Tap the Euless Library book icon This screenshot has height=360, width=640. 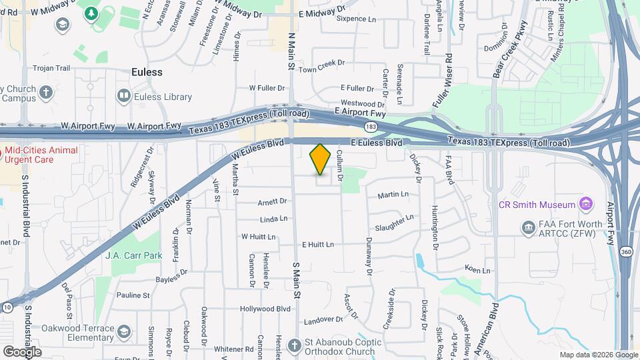pyautogui.click(x=123, y=97)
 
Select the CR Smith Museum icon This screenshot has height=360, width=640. pyautogui.click(x=586, y=203)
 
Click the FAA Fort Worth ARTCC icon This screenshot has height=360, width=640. pyautogui.click(x=528, y=229)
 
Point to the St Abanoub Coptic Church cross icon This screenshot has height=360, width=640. pyautogui.click(x=295, y=345)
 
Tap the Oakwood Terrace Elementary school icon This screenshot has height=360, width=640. pyautogui.click(x=123, y=331)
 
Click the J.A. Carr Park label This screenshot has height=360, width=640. pyautogui.click(x=134, y=255)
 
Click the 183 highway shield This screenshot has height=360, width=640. pyautogui.click(x=371, y=125)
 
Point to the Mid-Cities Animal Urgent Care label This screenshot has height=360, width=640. pyautogui.click(x=41, y=155)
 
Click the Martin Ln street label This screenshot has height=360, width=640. pyautogui.click(x=392, y=195)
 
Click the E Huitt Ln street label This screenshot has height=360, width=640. pyautogui.click(x=317, y=245)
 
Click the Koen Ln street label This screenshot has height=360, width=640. pyautogui.click(x=477, y=270)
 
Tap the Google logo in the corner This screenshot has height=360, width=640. pyautogui.click(x=22, y=351)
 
